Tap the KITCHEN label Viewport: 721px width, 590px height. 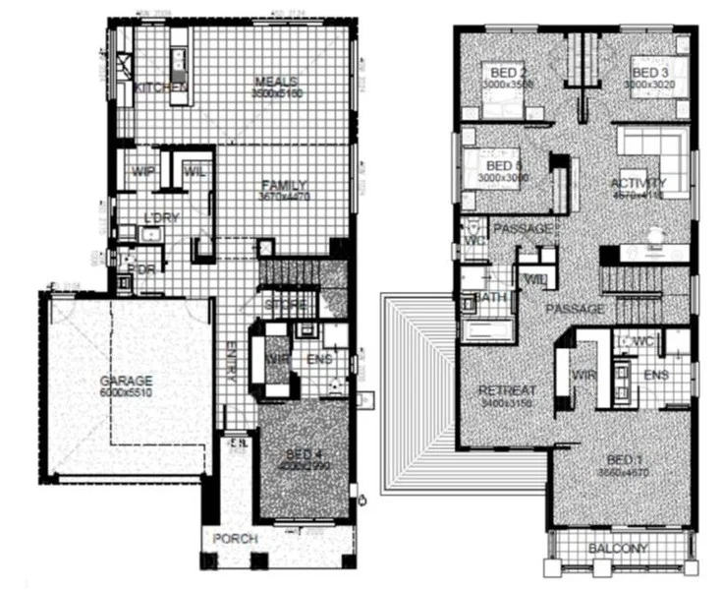160,88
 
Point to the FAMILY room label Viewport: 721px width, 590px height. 284,185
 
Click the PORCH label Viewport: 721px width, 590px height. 236,539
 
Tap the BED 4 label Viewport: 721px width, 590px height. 301,453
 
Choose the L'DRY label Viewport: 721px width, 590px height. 159,217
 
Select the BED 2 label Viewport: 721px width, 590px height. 506,73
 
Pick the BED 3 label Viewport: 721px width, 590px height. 650,73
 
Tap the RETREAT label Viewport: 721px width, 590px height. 507,390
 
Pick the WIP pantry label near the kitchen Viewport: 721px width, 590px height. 140,172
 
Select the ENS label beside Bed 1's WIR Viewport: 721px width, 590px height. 655,376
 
